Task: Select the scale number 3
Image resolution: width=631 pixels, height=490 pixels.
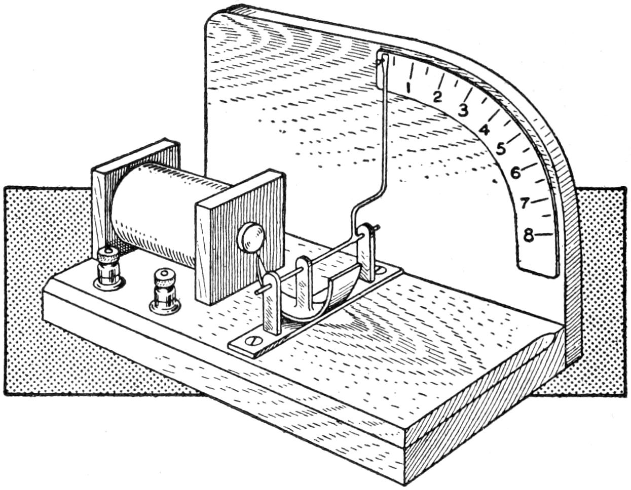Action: click(463, 109)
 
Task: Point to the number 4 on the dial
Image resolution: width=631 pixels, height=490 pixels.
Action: click(485, 130)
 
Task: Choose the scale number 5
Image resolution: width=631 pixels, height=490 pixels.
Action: click(501, 149)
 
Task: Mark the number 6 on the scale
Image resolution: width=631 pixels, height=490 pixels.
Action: click(515, 173)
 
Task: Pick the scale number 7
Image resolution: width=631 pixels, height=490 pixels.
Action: click(525, 203)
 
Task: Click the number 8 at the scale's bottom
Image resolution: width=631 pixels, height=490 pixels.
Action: click(528, 235)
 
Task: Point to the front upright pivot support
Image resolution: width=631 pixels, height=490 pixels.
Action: click(271, 304)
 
